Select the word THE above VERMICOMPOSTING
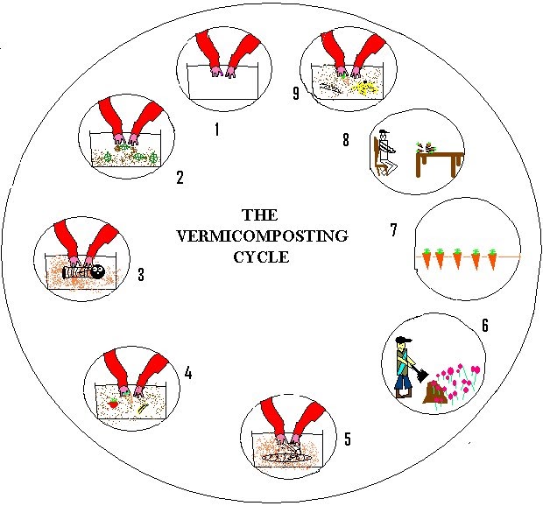tap(258, 215)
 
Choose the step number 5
tap(347, 439)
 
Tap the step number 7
tap(395, 231)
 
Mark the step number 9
tap(296, 93)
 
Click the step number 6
tap(484, 327)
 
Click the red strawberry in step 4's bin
tap(113, 404)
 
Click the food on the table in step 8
tap(430, 143)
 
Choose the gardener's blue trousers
tap(402, 383)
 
